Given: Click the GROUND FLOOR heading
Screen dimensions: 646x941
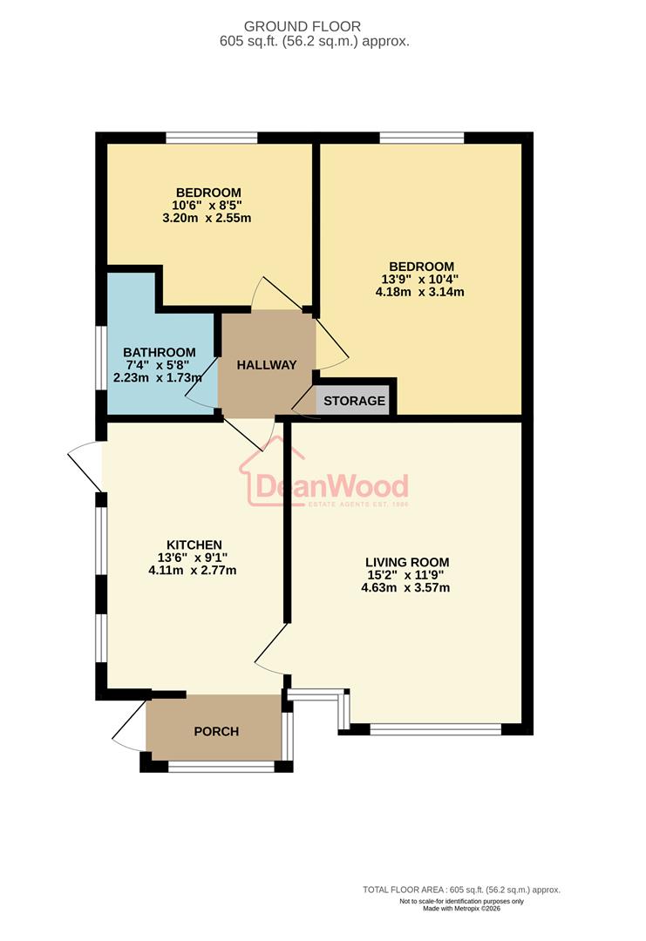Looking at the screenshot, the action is click(302, 26).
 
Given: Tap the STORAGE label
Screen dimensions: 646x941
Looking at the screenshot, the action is click(354, 401).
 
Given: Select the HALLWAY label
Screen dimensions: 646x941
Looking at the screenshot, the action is click(267, 365).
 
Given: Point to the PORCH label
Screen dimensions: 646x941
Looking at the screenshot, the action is click(216, 732).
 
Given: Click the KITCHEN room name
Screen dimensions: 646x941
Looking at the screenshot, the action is click(194, 545).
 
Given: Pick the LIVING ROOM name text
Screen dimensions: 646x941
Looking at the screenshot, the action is click(407, 562).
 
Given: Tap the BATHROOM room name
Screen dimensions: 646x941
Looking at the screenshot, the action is click(159, 353).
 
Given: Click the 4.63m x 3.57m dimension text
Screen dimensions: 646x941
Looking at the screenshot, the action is click(405, 587).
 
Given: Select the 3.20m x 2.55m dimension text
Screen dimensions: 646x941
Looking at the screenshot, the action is click(207, 218).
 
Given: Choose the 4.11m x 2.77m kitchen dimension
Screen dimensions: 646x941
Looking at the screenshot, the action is click(192, 570).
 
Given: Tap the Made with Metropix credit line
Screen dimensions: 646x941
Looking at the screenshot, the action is click(462, 909).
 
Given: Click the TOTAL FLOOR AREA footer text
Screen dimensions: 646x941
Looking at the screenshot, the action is click(461, 890).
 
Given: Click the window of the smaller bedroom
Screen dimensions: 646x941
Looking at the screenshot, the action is click(212, 138).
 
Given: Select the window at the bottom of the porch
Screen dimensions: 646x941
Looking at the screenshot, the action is click(221, 767).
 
